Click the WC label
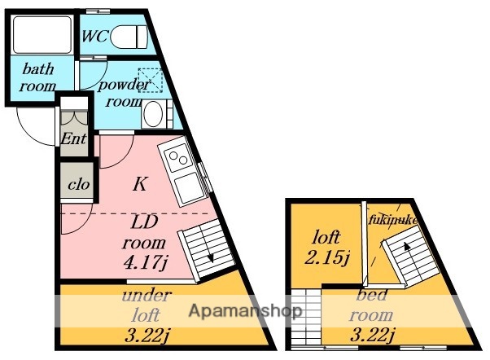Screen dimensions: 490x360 click(x=94, y=36)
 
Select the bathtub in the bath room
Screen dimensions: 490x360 click(x=42, y=35)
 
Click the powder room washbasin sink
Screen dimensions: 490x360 click(x=154, y=114)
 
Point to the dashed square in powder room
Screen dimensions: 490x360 click(x=151, y=80)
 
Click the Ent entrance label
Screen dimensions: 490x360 click(x=73, y=138)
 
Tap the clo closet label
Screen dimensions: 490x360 click(x=79, y=185)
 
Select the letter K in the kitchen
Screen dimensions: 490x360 click(x=140, y=184)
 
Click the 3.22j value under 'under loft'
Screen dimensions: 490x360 click(x=147, y=336)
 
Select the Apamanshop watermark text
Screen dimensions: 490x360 click(x=246, y=311)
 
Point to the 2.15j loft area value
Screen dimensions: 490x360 click(x=327, y=257)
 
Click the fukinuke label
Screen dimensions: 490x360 click(x=393, y=220)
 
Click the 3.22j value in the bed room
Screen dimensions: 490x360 click(x=373, y=335)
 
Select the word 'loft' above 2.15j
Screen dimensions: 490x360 click(x=326, y=237)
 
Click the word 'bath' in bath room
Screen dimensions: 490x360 click(x=38, y=68)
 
